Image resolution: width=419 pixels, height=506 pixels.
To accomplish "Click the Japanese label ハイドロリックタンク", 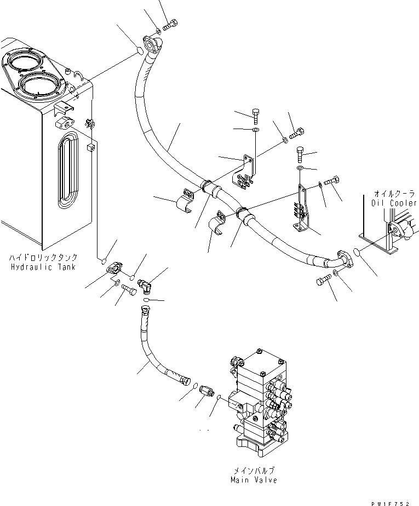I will coord(43,257).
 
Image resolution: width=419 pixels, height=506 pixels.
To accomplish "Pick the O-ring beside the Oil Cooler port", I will coord(357,252).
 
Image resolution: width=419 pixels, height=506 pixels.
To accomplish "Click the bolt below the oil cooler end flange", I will coord(322,282).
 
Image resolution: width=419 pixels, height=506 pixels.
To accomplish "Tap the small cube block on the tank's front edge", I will coord(91,146).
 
